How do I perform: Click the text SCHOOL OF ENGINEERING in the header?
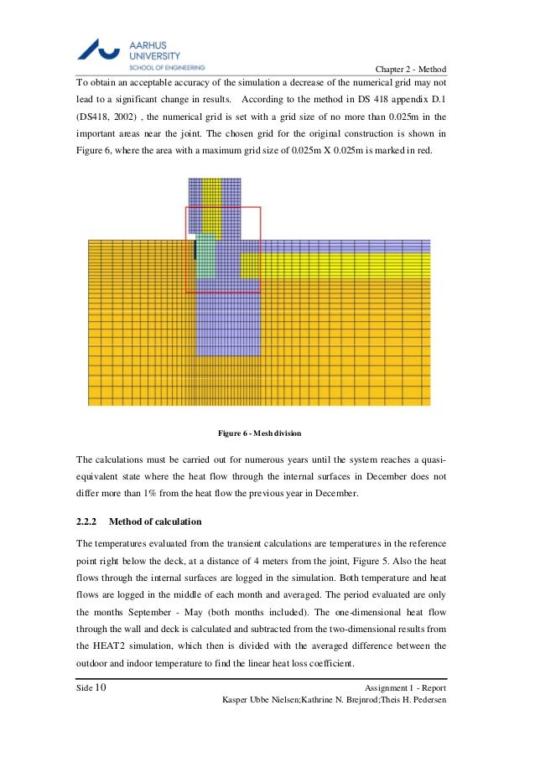click(x=166, y=66)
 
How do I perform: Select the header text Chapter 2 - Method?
click(x=411, y=69)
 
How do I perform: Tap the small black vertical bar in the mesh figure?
click(x=195, y=249)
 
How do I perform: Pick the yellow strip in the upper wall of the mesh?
click(x=213, y=201)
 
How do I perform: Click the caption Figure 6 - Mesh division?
click(x=259, y=433)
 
